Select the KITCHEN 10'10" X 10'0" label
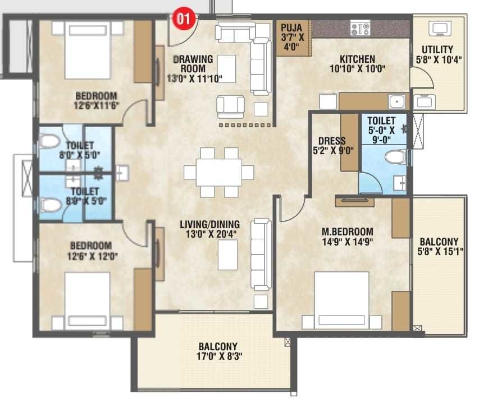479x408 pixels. tap(357, 64)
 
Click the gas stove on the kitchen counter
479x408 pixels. tap(359, 28)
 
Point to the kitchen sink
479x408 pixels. tap(396, 101)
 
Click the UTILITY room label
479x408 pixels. tap(437, 54)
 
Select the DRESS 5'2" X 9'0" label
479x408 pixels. tap(331, 146)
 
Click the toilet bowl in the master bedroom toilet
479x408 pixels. tap(395, 156)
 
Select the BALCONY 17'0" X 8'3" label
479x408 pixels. tap(218, 351)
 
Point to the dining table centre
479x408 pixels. tap(219, 172)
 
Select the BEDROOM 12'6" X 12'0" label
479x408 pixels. tap(91, 251)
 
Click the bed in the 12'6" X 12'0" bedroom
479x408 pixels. tap(87, 300)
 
